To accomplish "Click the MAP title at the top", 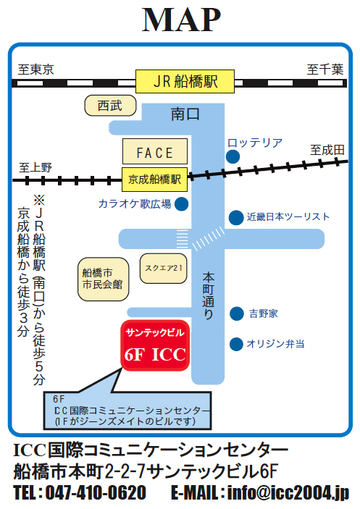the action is click(x=182, y=20).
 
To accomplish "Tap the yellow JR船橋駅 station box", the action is click(x=185, y=82).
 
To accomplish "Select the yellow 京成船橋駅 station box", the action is click(x=154, y=180).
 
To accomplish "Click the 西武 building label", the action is click(x=110, y=106).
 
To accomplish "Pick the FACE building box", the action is click(x=155, y=151).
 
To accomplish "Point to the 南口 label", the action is click(x=185, y=114).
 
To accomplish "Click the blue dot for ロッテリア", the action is click(x=233, y=156).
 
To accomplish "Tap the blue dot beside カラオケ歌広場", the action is click(x=182, y=204).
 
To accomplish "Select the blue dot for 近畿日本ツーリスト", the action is click(x=236, y=217).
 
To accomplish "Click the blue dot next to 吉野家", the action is click(x=237, y=314).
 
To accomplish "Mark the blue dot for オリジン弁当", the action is click(x=236, y=344).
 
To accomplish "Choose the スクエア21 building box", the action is click(x=164, y=269).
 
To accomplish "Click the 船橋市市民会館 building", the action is click(x=104, y=279).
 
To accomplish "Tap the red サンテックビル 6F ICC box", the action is click(x=155, y=345).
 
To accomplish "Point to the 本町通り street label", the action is click(x=209, y=296).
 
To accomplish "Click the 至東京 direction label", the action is click(x=35, y=70).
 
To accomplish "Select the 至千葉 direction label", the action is click(x=325, y=70).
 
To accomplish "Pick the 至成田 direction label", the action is click(x=327, y=150).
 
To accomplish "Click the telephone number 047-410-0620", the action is click(x=96, y=492).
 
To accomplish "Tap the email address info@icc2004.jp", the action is click(x=288, y=493).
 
